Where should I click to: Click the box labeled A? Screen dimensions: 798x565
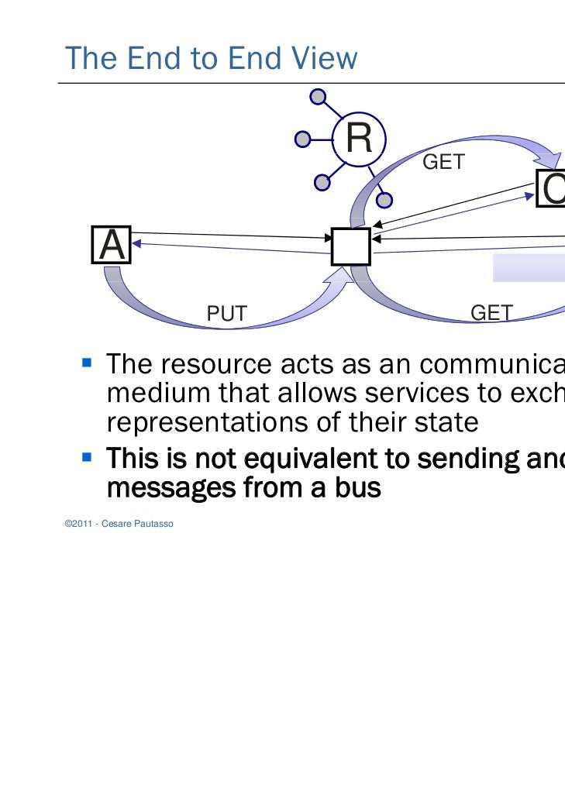coord(112,246)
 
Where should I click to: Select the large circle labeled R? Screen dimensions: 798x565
coord(359,139)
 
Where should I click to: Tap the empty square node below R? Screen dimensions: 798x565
coord(350,247)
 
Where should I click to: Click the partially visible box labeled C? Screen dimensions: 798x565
coord(551,188)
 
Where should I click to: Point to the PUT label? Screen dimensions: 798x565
coord(226,314)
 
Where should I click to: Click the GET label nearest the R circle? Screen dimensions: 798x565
coord(443,162)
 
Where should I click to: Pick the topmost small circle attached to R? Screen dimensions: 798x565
coord(317,98)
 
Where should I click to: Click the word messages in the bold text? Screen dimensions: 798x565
coord(168,488)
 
